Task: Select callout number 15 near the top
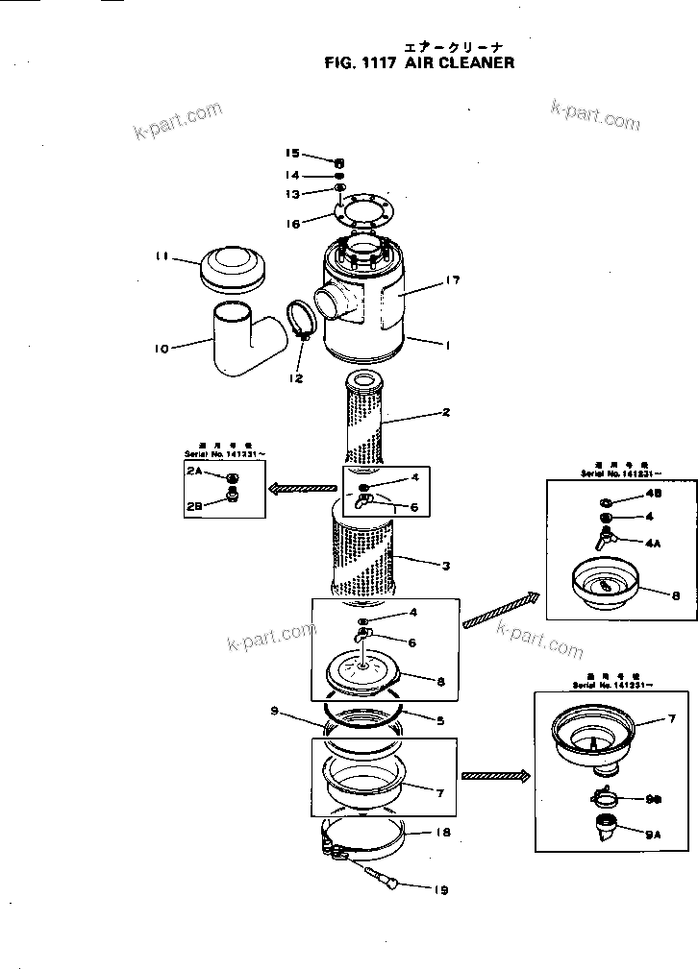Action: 292,153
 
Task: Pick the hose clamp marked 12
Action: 302,322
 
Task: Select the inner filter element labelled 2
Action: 366,423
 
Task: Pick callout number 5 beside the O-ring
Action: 439,719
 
